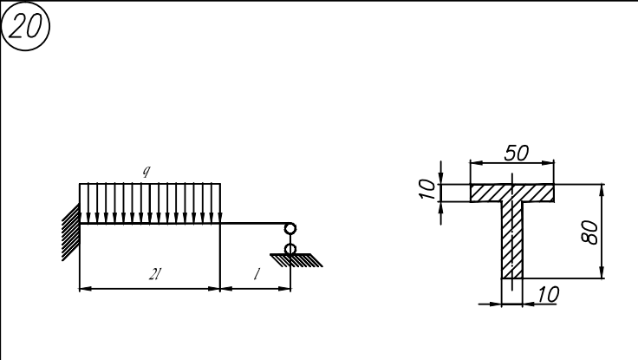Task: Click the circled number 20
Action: [x=25, y=26]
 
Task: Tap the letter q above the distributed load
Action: [x=146, y=171]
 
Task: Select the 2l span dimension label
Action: [x=154, y=275]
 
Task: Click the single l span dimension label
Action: [x=257, y=274]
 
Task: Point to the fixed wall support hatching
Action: [x=71, y=232]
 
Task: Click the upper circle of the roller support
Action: [x=290, y=228]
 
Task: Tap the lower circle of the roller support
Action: [x=290, y=249]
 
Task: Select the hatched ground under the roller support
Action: [x=296, y=260]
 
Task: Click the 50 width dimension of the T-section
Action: [x=517, y=154]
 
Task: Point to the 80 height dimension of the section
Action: [x=590, y=232]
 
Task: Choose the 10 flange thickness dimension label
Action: [x=426, y=189]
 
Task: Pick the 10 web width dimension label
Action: [x=548, y=294]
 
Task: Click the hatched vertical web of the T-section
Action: [x=511, y=240]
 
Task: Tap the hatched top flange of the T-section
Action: [x=511, y=193]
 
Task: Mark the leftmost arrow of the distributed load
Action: [x=88, y=204]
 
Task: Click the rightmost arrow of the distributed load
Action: [x=220, y=204]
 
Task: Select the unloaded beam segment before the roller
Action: [x=254, y=223]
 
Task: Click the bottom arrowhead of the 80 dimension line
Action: [x=602, y=272]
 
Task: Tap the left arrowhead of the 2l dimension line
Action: [x=86, y=289]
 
